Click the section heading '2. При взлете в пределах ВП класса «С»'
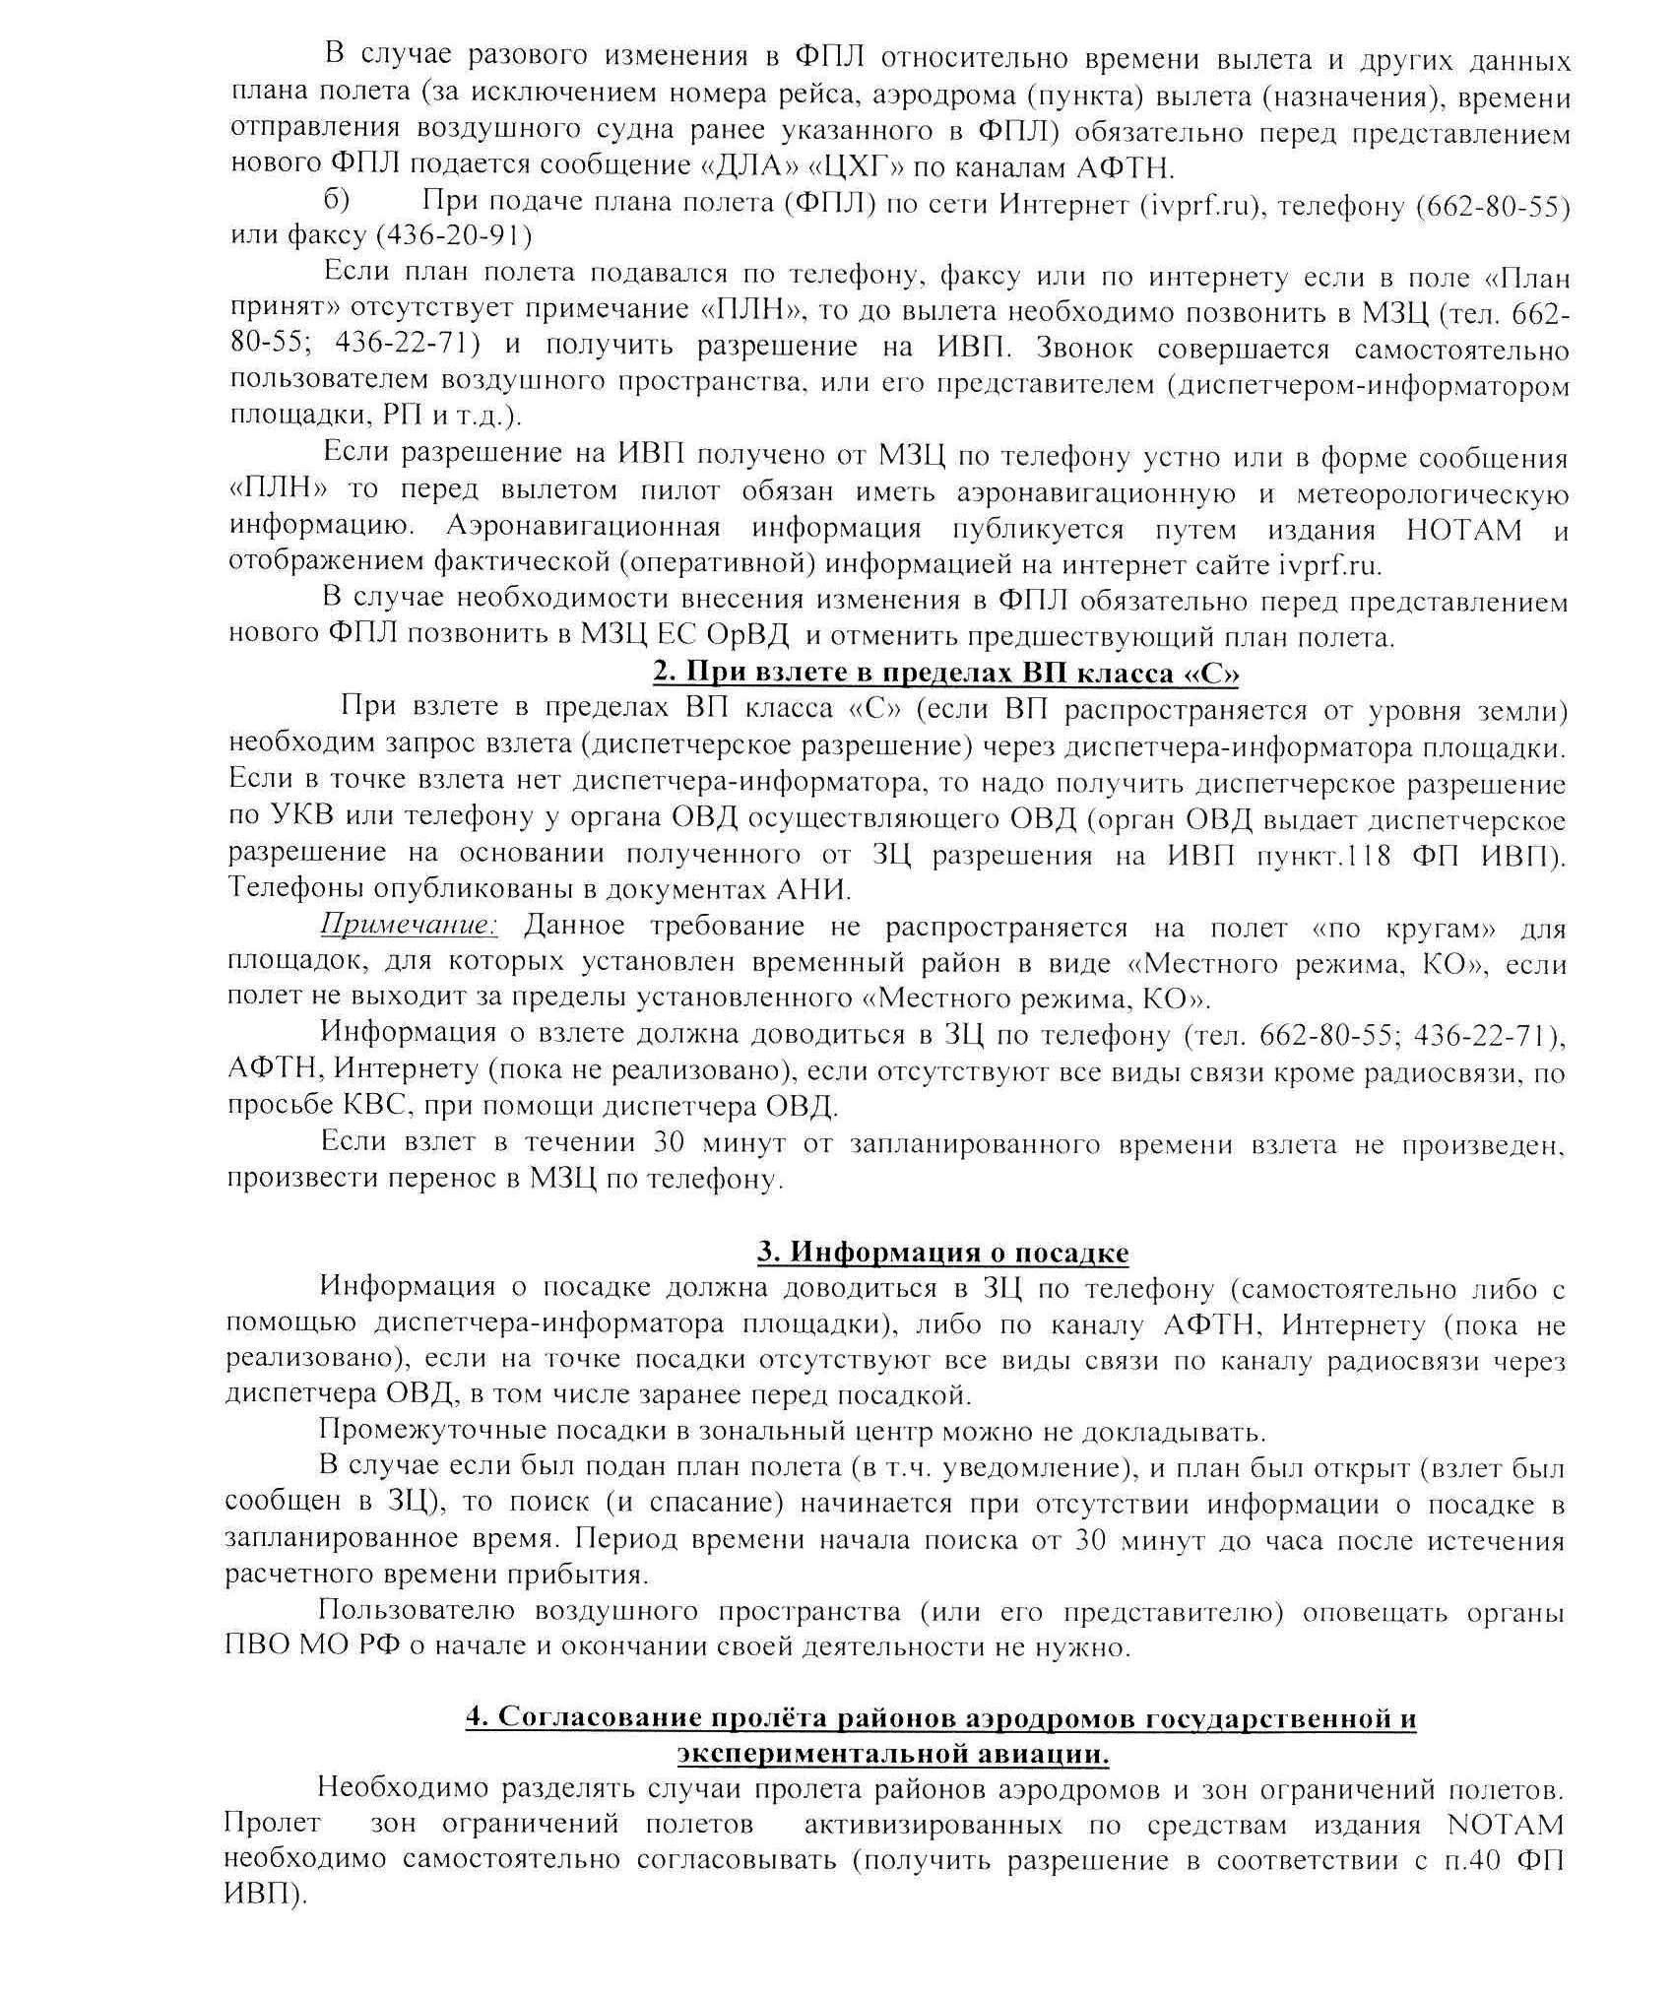coord(945,674)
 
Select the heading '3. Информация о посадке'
coord(942,1253)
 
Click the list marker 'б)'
coord(337,202)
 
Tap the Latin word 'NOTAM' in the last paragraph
coord(1507,1825)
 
